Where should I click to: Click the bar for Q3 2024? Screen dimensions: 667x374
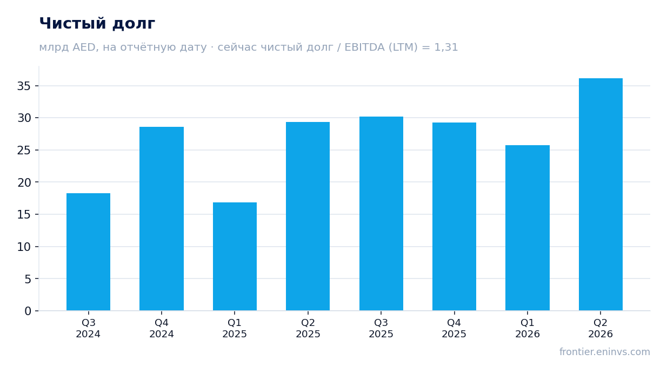click(x=88, y=252)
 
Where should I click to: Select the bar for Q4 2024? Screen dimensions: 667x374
click(x=162, y=219)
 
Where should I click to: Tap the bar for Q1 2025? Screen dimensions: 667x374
click(x=235, y=256)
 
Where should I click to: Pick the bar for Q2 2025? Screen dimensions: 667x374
click(x=308, y=216)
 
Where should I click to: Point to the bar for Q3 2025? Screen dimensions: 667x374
click(x=381, y=214)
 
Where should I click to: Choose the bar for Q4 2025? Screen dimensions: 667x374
click(x=454, y=216)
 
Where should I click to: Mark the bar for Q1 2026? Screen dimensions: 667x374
click(x=528, y=228)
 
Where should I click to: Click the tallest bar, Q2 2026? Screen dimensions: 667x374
click(x=601, y=194)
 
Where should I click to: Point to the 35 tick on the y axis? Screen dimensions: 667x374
click(x=37, y=86)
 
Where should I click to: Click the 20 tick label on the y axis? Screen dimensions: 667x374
click(x=24, y=182)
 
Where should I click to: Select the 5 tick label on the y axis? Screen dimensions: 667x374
click(x=28, y=279)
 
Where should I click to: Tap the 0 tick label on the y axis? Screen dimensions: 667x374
click(x=28, y=311)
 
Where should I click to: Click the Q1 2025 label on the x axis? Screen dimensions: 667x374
click(x=235, y=328)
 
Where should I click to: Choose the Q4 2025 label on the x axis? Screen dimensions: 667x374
click(x=454, y=328)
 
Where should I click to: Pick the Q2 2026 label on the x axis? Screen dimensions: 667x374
click(x=601, y=328)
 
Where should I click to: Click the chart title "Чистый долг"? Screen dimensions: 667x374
click(x=97, y=24)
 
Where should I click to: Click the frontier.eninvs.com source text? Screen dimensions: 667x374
click(x=605, y=352)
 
